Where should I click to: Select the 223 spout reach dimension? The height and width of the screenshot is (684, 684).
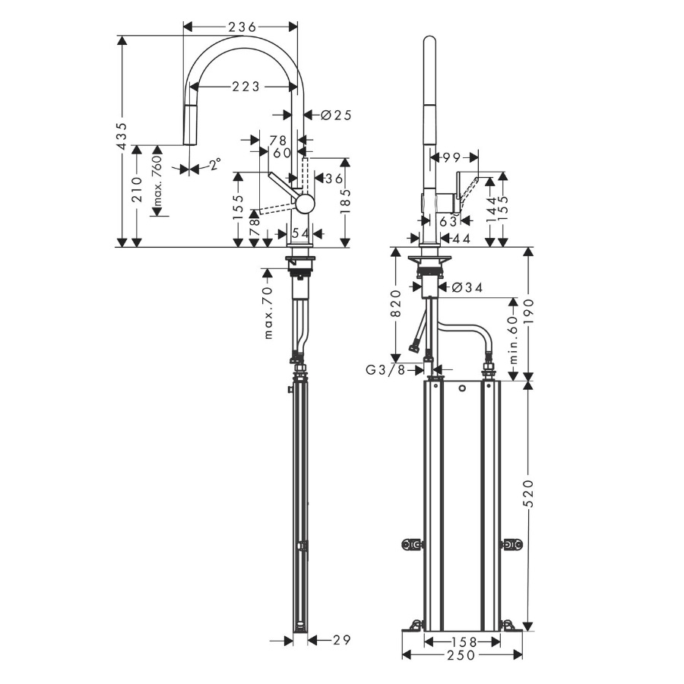click(x=245, y=87)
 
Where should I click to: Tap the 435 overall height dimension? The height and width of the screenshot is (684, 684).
click(x=122, y=137)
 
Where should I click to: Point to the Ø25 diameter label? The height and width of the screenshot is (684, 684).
click(x=336, y=116)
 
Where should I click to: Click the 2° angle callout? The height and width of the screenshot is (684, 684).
click(x=214, y=164)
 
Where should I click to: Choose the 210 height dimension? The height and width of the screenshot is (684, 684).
click(x=138, y=189)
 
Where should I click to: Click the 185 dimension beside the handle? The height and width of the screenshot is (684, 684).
click(x=346, y=201)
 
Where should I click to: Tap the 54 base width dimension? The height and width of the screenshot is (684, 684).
click(x=300, y=233)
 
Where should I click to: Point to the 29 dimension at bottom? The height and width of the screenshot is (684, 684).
click(x=341, y=640)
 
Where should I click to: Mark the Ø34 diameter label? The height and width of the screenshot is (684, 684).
click(x=467, y=287)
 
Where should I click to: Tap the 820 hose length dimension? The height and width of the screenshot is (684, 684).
click(x=396, y=303)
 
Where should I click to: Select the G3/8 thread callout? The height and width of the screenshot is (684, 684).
click(x=385, y=370)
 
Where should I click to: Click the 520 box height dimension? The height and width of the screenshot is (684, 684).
click(x=528, y=493)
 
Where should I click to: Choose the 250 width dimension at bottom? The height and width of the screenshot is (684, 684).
click(x=461, y=655)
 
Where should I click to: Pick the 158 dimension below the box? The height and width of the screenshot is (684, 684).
click(x=462, y=641)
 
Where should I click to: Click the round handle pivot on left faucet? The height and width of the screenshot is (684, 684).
click(x=305, y=203)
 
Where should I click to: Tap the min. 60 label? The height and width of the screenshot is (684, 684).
click(x=513, y=340)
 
